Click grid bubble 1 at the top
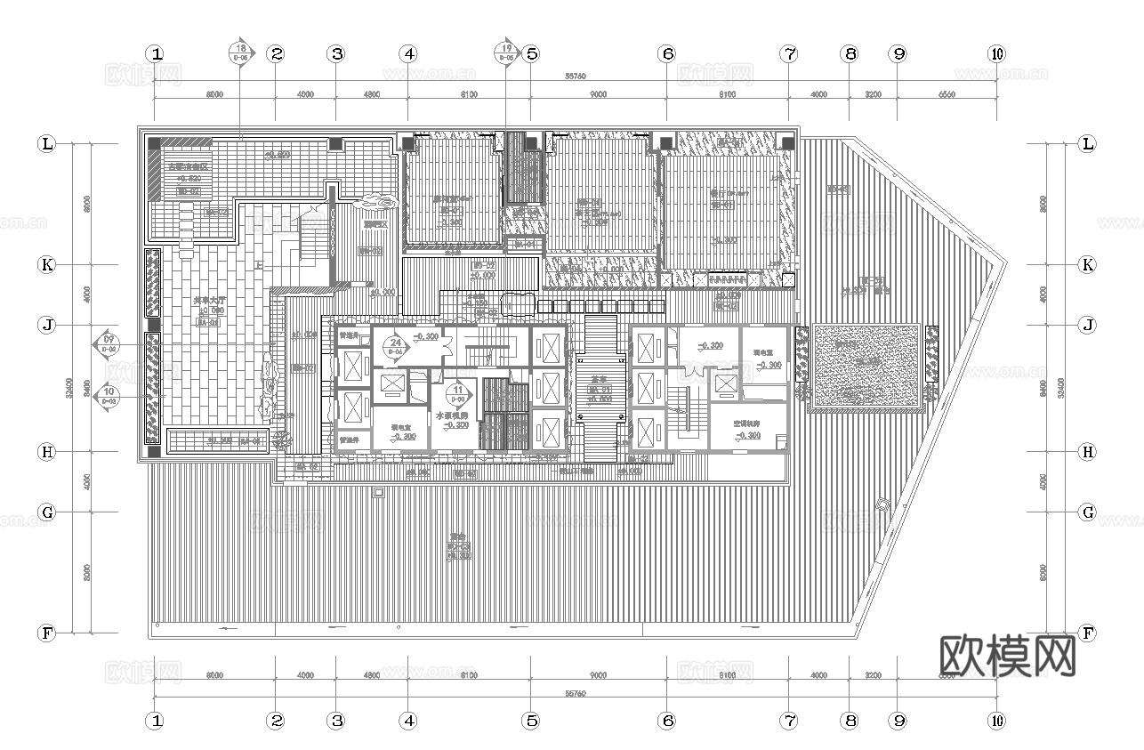tap(157, 53)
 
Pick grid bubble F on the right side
tap(1086, 633)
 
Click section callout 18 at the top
tap(240, 52)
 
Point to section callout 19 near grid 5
tap(507, 52)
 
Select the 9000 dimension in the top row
tap(598, 94)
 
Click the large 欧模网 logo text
tap(1007, 657)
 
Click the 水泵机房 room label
tap(453, 415)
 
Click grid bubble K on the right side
tap(1086, 264)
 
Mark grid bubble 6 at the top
tap(667, 53)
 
